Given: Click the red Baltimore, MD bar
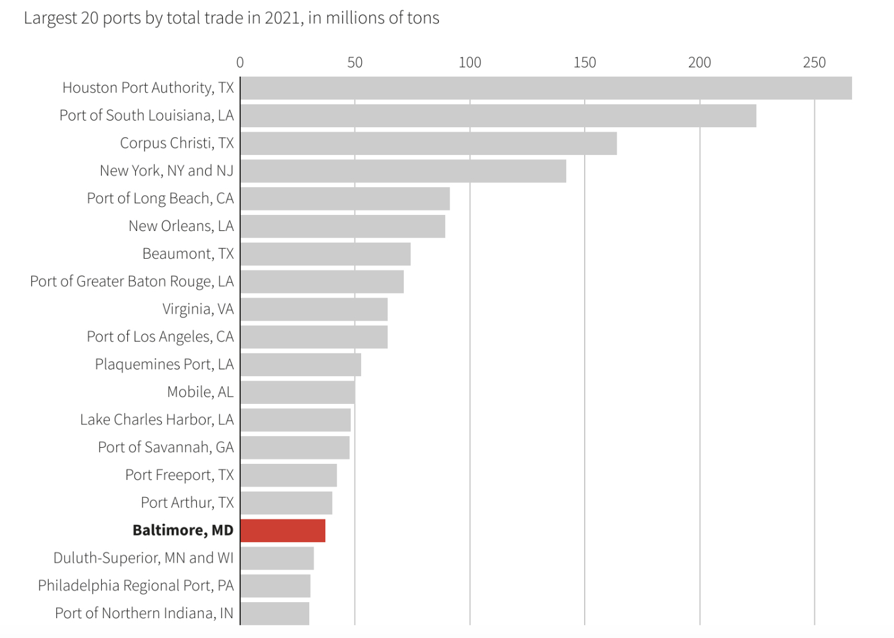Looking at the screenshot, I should [283, 531].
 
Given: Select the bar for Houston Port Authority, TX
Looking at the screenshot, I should [546, 88].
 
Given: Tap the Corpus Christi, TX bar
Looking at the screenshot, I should [428, 143].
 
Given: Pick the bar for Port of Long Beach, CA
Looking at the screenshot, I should [345, 199].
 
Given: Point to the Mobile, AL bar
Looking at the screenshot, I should [298, 392].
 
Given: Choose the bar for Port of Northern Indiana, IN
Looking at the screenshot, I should [275, 613].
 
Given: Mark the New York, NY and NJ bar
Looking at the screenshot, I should [403, 171].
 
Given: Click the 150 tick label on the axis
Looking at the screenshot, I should [585, 62].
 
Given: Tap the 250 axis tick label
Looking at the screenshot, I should [814, 62].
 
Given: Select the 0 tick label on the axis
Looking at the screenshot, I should [240, 62].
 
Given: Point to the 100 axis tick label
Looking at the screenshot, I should [470, 62].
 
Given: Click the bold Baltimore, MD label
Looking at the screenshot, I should [183, 531].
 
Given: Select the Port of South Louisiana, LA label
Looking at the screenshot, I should [146, 115].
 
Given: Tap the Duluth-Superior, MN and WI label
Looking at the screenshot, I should [143, 558].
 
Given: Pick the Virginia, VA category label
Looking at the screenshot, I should [198, 309].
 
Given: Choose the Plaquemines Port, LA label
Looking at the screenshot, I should [164, 364].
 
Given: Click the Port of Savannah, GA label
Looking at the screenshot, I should [165, 447].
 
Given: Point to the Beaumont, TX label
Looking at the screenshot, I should [188, 254].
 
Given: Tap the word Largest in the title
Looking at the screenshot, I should [49, 18].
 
